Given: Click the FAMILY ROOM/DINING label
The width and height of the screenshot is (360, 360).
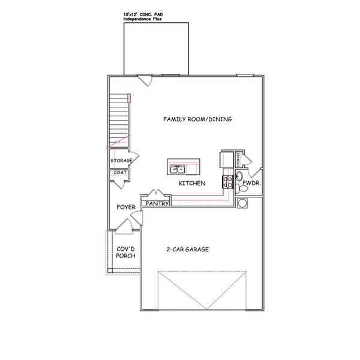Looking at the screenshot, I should coord(197,119).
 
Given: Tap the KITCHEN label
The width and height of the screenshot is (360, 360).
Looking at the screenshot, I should coord(192,183).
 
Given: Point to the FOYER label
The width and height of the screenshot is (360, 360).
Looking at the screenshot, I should coord(125,207).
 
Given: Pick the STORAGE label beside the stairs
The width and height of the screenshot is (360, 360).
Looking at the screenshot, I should coord(121,160).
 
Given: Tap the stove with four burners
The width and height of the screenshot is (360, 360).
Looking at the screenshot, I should coord(228,182).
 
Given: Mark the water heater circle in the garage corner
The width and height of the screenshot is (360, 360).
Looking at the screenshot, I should coord(243,203).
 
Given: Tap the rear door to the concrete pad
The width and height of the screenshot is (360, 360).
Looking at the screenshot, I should coord(145,79).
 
